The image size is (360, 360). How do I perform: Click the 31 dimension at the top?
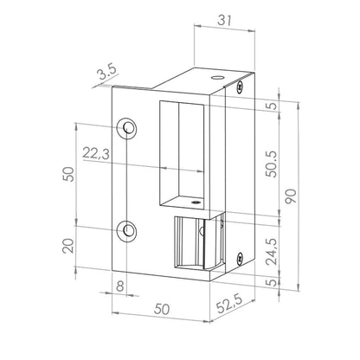225,20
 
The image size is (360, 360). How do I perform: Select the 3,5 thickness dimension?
106,73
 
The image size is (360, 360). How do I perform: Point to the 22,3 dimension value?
96,153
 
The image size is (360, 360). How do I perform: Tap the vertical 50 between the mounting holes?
68,174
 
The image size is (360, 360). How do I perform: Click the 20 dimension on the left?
68,246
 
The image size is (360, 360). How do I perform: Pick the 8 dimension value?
119,286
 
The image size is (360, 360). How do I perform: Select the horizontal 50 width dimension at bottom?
162,309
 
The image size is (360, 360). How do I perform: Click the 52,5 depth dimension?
230,303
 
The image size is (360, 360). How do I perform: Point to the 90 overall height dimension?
291,196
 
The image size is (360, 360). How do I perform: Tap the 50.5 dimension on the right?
271,164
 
